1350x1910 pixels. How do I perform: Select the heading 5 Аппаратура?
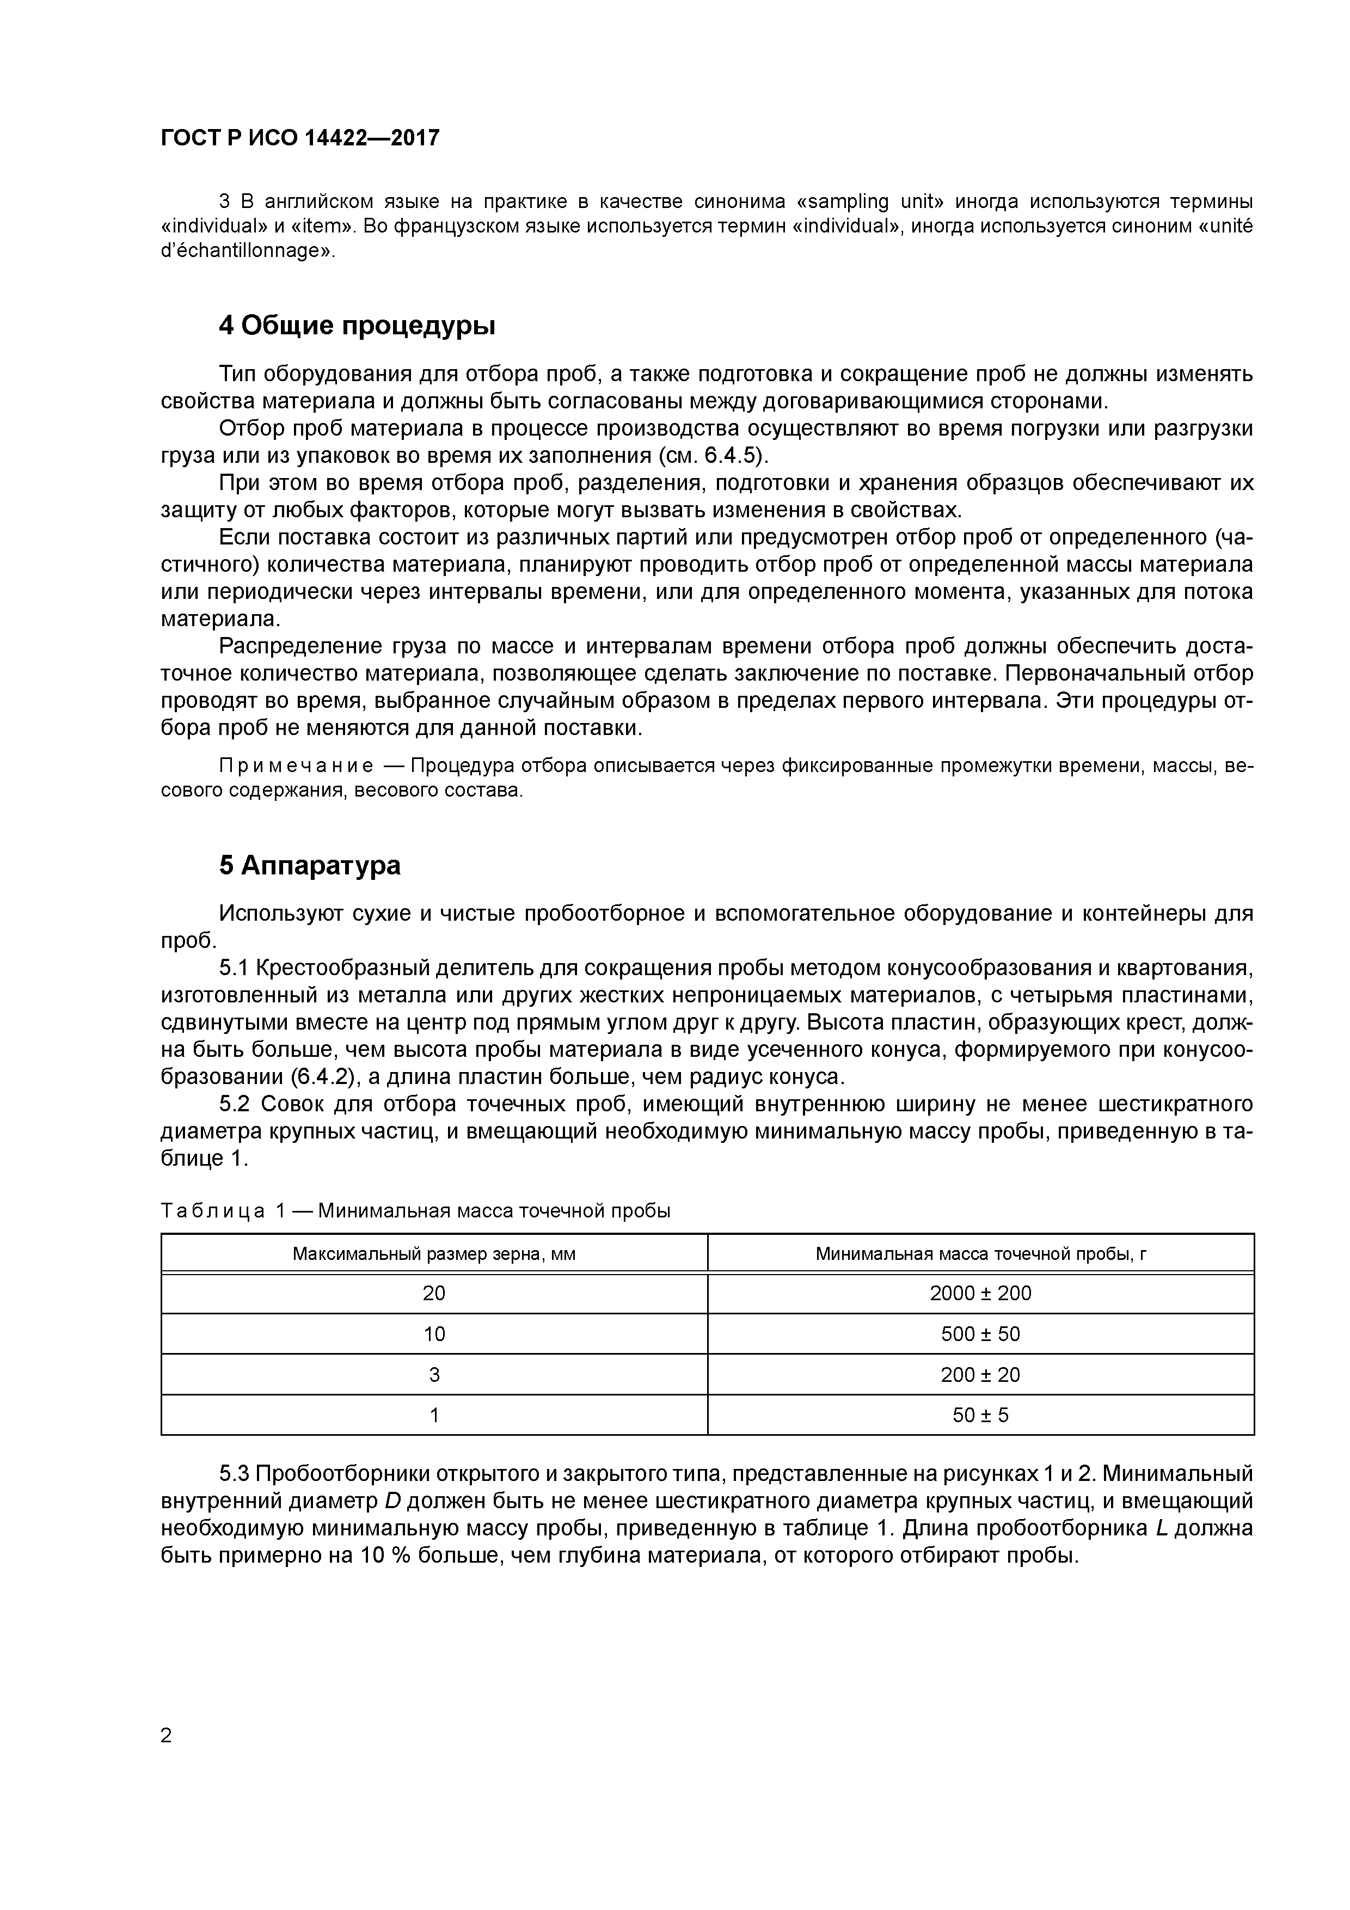[309, 865]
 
